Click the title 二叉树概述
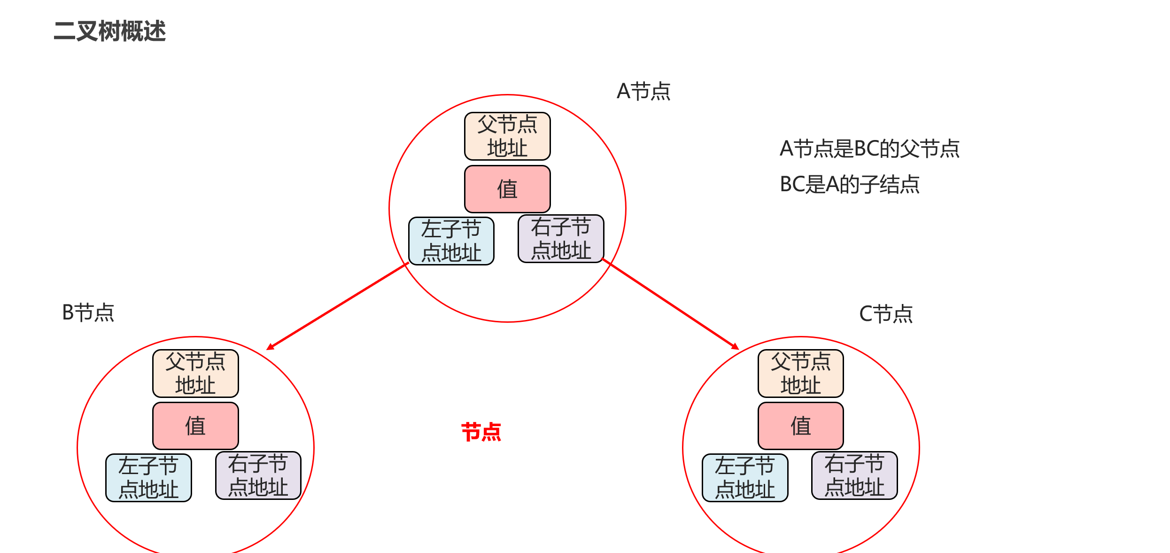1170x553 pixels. [110, 31]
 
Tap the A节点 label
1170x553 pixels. [643, 91]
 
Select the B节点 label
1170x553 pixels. [88, 312]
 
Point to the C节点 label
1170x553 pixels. [886, 314]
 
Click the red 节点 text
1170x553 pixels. [481, 432]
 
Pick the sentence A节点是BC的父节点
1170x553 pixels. [869, 148]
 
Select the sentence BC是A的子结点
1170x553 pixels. [850, 184]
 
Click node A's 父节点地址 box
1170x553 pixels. [507, 136]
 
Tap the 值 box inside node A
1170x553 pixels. [507, 189]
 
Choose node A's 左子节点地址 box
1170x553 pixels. [451, 241]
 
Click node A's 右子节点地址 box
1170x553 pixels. [561, 239]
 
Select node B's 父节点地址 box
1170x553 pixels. [195, 374]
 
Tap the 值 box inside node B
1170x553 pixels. [195, 426]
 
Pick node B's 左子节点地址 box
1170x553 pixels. [148, 478]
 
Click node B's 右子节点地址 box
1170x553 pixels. [258, 475]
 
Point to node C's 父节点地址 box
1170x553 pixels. [801, 374]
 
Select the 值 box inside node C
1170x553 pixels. [801, 426]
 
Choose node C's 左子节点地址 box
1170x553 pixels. [745, 478]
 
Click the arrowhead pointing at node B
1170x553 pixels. [270, 347]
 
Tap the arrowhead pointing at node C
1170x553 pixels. [736, 347]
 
